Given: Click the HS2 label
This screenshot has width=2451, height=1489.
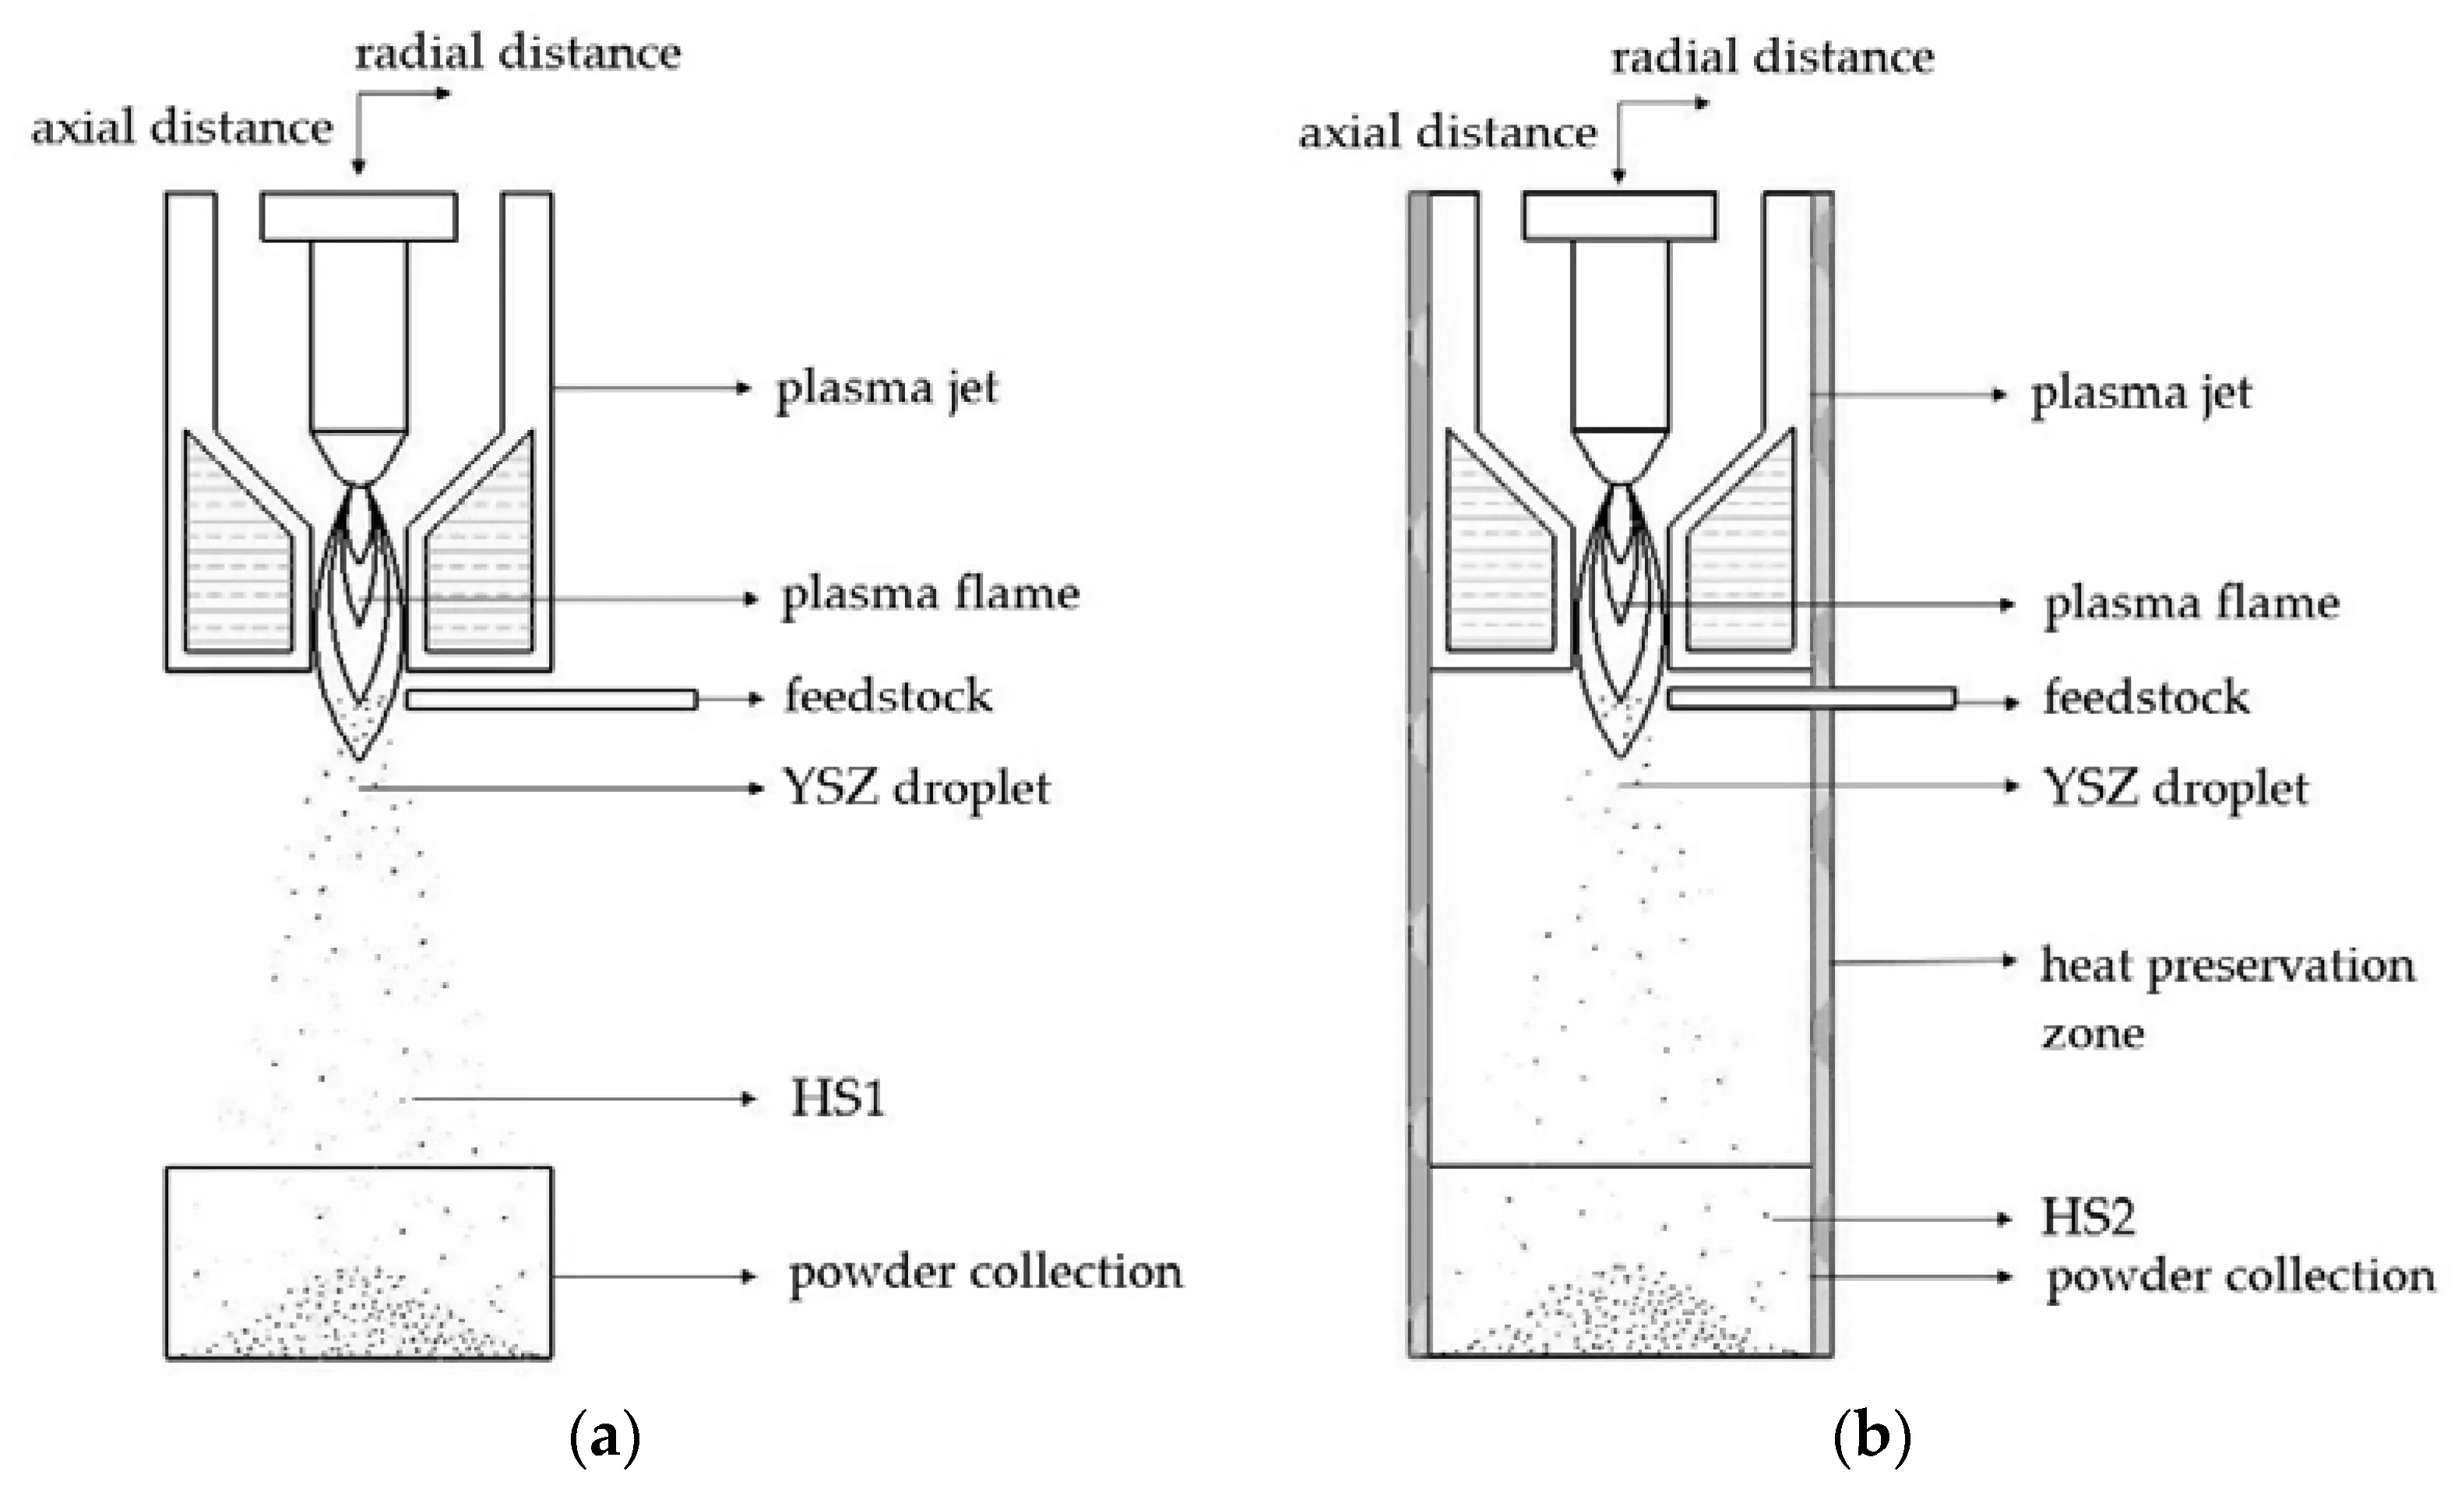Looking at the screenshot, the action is [2088, 1216].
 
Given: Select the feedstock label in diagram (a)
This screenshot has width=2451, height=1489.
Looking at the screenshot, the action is [889, 695].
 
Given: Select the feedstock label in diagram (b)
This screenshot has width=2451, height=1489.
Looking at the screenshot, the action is [2146, 697].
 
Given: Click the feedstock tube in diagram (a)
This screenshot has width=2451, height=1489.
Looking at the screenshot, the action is [552, 699].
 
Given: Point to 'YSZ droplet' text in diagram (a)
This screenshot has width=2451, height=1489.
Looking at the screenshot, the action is [916, 789].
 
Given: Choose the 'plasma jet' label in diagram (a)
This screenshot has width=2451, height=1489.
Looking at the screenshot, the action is [886, 389].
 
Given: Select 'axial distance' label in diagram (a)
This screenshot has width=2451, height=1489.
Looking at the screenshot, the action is [182, 127].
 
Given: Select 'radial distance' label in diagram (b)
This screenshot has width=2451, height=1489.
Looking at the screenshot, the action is [1773, 57].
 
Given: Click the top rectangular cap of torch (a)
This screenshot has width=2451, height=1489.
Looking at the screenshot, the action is [359, 216].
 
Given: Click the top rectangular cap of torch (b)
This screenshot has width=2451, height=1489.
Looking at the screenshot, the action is [1619, 216].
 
